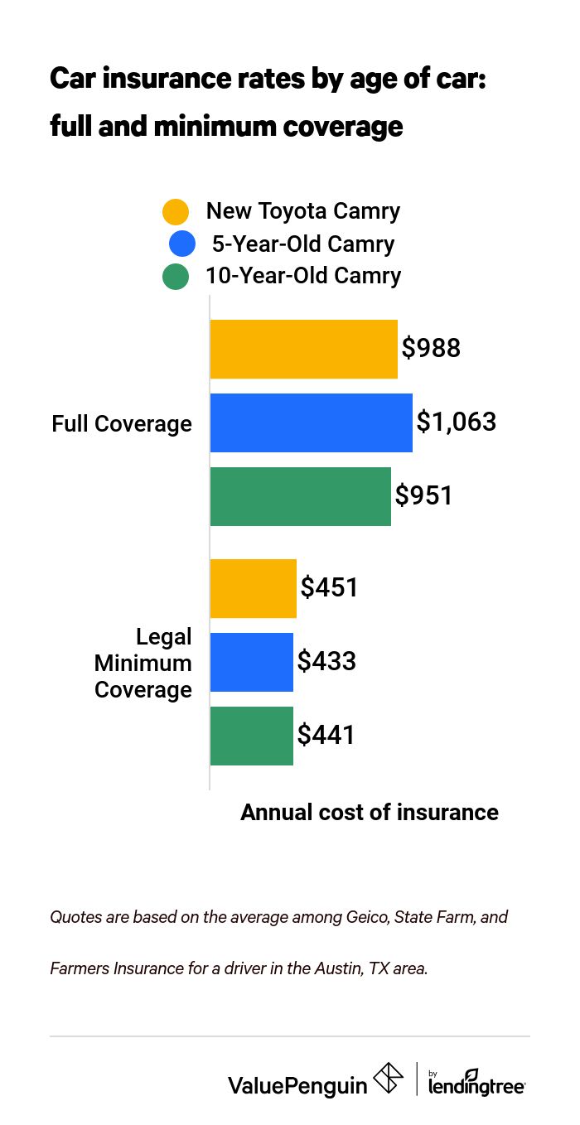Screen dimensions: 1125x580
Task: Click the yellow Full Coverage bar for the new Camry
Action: [303, 349]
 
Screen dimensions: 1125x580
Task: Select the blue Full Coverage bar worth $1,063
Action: [311, 422]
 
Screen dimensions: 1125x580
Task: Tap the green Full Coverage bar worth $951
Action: [300, 496]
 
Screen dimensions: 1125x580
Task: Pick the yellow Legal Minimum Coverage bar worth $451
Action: [253, 588]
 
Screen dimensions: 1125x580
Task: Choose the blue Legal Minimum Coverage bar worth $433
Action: [251, 662]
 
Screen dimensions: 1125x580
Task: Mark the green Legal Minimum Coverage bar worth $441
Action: [251, 736]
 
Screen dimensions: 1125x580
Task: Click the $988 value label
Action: [431, 348]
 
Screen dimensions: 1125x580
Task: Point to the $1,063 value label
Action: [456, 422]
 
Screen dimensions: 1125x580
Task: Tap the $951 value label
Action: [423, 495]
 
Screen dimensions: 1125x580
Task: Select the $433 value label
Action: [326, 661]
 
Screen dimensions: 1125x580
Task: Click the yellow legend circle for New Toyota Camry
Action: [176, 212]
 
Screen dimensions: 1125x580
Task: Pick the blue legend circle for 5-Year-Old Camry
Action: [181, 244]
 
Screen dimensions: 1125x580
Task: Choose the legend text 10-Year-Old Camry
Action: [303, 275]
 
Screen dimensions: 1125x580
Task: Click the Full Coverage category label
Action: [122, 423]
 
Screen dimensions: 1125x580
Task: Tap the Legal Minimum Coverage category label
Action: [143, 663]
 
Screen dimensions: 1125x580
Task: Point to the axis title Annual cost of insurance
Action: [370, 812]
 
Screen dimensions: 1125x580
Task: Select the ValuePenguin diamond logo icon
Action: [388, 1078]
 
